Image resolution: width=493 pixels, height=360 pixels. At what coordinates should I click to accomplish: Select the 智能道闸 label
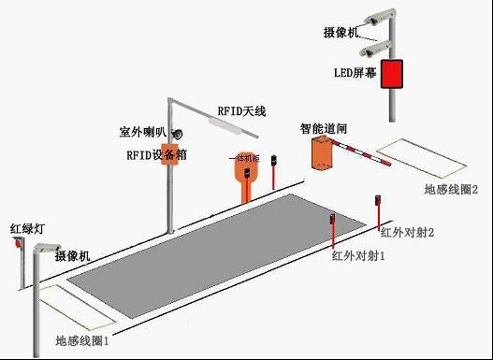pos(324,125)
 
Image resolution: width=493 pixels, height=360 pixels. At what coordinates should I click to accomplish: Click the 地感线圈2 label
pos(451,190)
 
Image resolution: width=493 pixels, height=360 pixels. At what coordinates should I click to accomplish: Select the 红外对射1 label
pos(358,254)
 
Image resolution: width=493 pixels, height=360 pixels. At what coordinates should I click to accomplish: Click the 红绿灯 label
pos(28,228)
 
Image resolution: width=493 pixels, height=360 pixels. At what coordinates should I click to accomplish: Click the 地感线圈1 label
pos(82,342)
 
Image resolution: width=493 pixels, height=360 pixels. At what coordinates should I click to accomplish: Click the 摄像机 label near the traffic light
pos(72,256)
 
